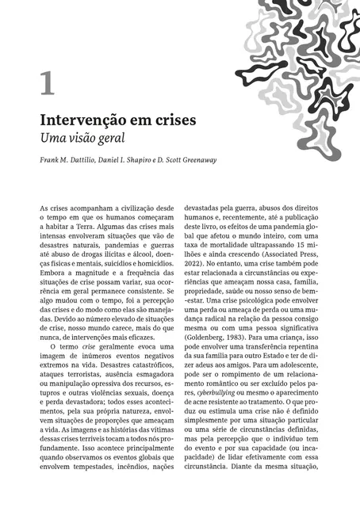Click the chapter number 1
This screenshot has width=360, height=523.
click(48, 83)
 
